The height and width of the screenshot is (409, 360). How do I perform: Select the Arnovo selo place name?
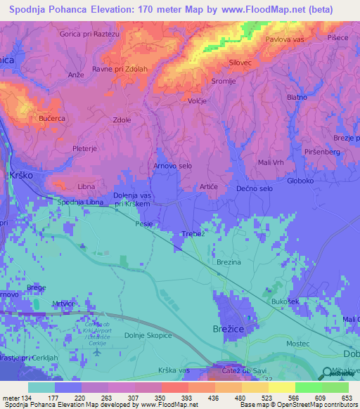click(173, 166)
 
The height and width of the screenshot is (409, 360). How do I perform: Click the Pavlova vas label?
click(285, 39)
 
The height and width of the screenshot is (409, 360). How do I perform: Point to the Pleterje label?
click(84, 149)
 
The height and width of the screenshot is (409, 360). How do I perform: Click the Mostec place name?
click(298, 344)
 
